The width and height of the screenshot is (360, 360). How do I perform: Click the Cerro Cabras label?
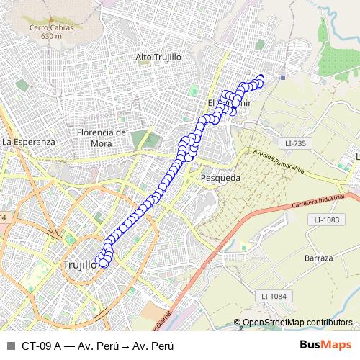tap(51, 28)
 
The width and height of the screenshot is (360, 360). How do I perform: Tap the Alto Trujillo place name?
tap(158, 56)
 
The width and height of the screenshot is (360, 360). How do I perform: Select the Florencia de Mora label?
tap(102, 137)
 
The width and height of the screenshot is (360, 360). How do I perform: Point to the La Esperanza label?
tap(29, 142)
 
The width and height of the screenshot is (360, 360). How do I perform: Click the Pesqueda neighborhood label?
tap(222, 176)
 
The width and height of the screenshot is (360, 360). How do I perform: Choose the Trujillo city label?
tap(79, 264)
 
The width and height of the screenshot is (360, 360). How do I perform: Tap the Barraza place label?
tap(318, 258)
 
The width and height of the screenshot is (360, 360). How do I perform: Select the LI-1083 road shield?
tap(326, 219)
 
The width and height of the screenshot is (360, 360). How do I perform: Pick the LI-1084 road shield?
tap(274, 296)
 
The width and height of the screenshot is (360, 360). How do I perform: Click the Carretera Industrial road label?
tap(334, 201)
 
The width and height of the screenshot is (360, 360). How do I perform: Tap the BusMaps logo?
tap(325, 345)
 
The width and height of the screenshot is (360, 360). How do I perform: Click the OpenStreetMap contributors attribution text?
tap(297, 323)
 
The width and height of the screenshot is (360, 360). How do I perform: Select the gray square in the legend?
tap(10, 346)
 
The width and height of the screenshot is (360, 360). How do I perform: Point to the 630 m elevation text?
tap(51, 36)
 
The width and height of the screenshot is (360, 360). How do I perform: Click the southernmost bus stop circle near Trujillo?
tap(103, 263)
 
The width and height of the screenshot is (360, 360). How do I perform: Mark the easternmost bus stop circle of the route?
tap(261, 78)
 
